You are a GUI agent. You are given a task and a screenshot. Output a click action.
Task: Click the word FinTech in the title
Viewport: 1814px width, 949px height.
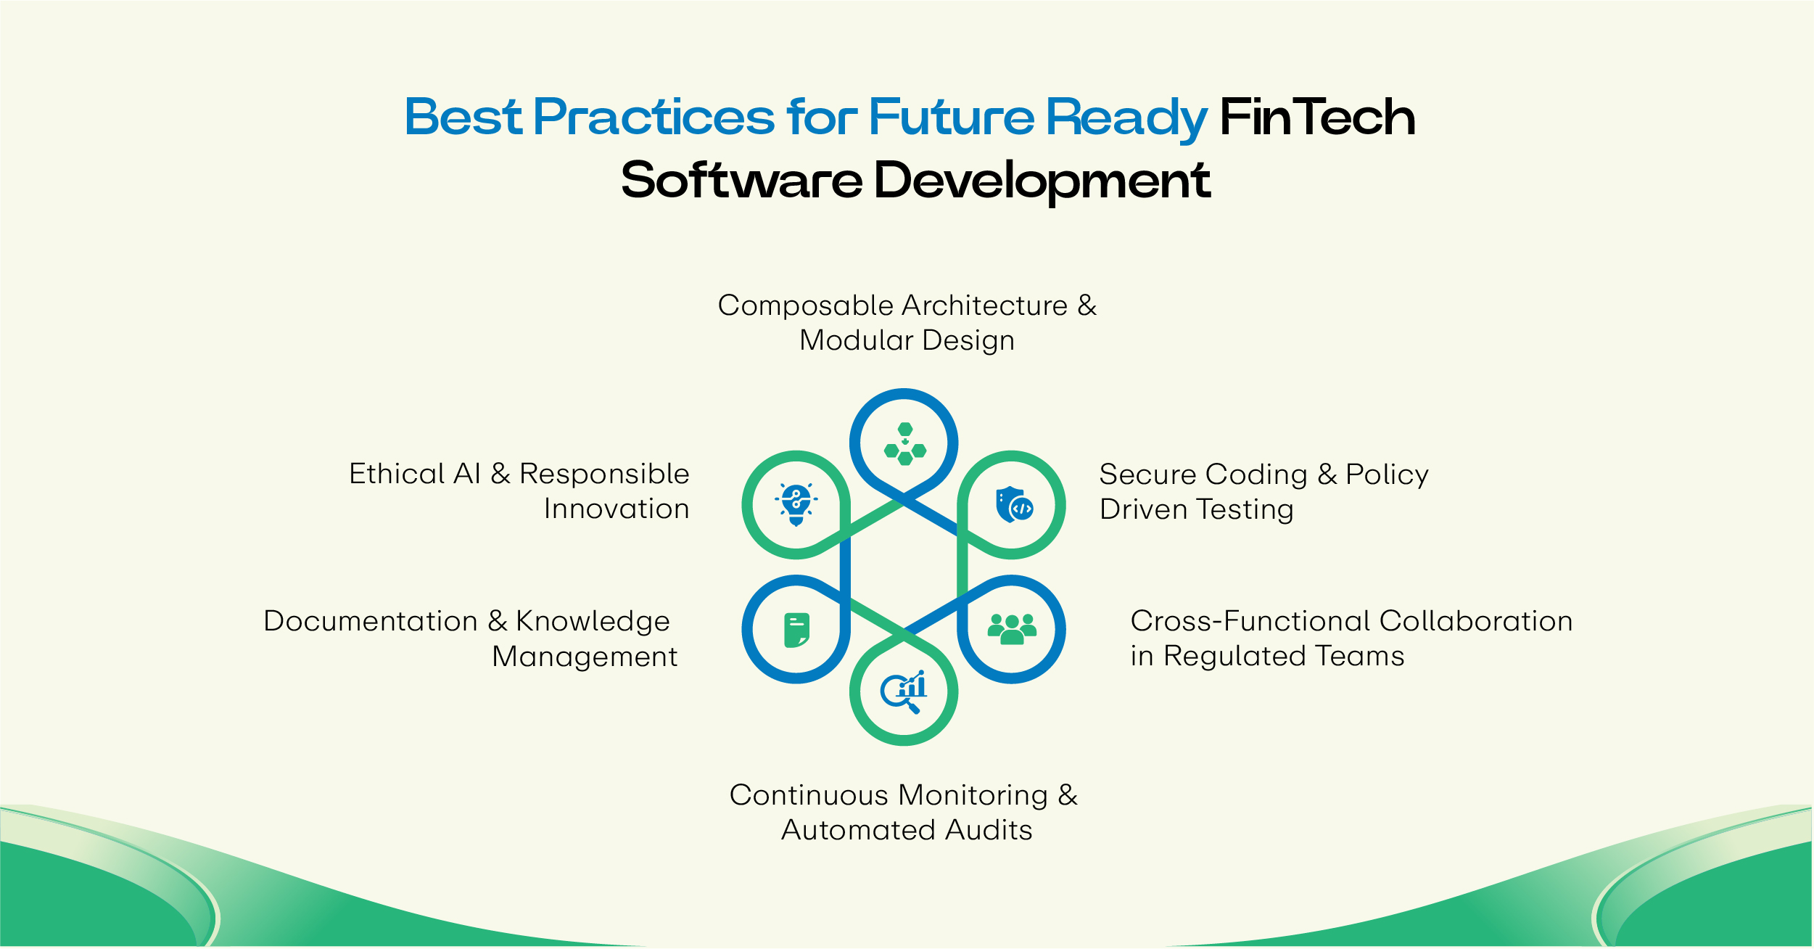tap(1317, 118)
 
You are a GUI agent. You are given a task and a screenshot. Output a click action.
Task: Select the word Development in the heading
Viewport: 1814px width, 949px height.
tap(1042, 180)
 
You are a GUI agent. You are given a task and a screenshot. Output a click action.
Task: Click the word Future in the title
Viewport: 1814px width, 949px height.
tap(952, 118)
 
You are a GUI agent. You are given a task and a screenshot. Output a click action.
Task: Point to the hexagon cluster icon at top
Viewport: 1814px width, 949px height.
tap(904, 443)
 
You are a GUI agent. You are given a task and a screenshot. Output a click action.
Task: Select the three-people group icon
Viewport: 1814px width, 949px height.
tap(1012, 629)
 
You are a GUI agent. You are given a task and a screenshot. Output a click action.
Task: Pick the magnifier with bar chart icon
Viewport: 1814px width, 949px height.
tap(904, 691)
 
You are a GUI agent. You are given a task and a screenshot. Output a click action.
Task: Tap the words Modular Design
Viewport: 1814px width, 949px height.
tap(907, 340)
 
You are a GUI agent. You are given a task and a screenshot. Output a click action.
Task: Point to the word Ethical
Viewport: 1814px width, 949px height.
tap(397, 474)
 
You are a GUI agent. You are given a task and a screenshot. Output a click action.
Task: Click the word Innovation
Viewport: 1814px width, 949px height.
tap(617, 509)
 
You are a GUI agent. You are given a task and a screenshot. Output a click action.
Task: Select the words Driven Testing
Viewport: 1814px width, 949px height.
tap(1196, 509)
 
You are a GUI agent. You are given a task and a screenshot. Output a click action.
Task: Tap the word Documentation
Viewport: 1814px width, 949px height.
tap(371, 621)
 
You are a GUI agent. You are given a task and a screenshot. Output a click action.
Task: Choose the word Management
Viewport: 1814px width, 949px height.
tap(585, 657)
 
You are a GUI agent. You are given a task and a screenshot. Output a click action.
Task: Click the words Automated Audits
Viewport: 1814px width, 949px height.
tap(907, 830)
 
